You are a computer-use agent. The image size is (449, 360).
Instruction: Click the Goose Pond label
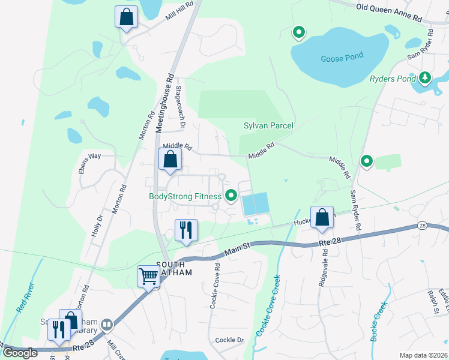(x=342, y=59)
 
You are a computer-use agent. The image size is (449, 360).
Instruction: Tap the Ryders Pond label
(x=393, y=79)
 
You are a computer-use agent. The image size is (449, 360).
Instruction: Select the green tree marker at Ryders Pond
(x=426, y=77)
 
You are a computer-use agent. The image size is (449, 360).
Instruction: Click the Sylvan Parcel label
(x=268, y=125)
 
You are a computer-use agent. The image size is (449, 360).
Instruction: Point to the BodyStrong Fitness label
(x=185, y=196)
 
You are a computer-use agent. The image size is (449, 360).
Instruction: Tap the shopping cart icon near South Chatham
(x=148, y=277)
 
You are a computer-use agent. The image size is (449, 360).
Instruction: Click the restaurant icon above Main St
(x=185, y=230)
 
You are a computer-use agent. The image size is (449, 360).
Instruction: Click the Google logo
(x=20, y=353)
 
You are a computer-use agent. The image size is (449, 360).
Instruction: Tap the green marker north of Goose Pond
(x=298, y=32)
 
